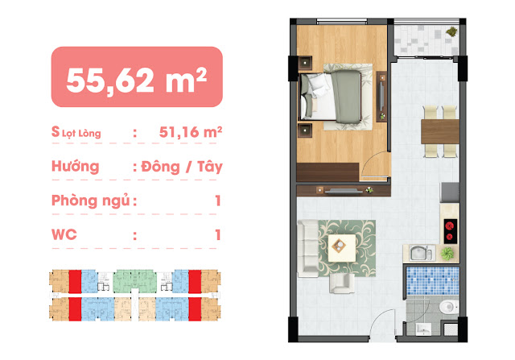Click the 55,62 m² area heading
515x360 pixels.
tap(136, 80)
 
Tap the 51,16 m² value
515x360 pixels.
tap(191, 132)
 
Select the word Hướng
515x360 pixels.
tap(75, 167)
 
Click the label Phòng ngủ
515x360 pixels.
tap(91, 201)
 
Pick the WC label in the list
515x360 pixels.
tap(64, 234)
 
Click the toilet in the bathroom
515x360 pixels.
tap(449, 307)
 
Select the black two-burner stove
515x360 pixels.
tap(451, 231)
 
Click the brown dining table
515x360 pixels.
tap(440, 131)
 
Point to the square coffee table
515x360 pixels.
tap(341, 247)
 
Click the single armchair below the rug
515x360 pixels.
tap(342, 283)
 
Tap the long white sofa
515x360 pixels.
tap(307, 248)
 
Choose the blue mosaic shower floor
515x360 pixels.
tap(433, 280)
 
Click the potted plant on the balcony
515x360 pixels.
tap(452, 31)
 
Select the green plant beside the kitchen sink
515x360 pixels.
tap(447, 254)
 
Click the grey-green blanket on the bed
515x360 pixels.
tap(347, 97)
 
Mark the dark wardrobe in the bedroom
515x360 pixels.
tap(328, 172)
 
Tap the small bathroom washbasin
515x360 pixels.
tap(423, 329)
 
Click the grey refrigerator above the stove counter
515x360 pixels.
tap(449, 192)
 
